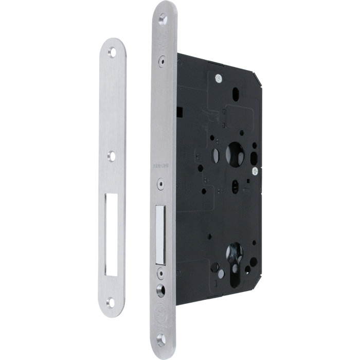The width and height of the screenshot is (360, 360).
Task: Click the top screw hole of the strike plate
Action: click(x=113, y=51)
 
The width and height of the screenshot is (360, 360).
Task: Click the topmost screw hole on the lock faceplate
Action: click(x=164, y=21)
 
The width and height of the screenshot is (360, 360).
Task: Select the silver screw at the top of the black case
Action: click(x=219, y=78)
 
